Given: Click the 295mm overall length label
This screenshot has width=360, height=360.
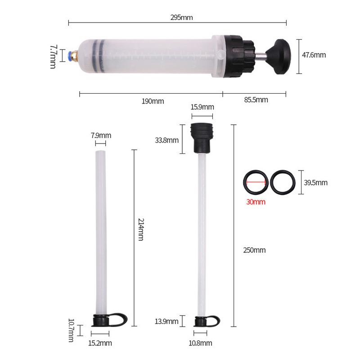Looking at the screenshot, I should [181, 18].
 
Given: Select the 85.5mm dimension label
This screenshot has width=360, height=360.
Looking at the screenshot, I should [256, 100].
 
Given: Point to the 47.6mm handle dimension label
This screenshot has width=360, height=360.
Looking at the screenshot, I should [314, 55].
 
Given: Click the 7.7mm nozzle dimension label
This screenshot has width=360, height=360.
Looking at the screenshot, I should [53, 56].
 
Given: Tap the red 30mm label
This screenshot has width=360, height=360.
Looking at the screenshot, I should [256, 202].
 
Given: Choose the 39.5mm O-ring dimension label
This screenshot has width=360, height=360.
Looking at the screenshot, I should [315, 182].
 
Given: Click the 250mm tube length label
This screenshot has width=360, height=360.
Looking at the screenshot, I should [254, 250].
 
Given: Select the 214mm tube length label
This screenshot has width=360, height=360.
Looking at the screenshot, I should [140, 229].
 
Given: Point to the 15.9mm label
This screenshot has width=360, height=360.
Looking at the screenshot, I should [202, 107].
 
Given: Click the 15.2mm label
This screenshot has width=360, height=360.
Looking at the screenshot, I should [100, 343].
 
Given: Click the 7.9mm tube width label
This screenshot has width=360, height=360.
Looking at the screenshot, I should [101, 135].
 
